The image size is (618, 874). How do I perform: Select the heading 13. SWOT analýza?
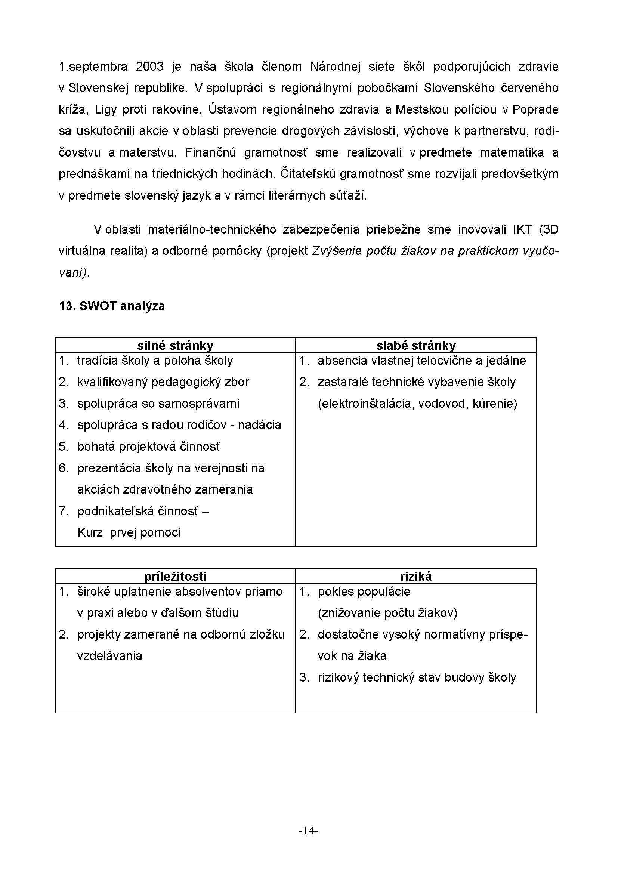112,306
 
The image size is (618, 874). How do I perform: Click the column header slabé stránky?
416,346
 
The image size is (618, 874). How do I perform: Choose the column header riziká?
416,576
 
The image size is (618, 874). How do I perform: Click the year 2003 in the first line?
149,67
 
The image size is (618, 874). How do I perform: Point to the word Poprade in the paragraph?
535,109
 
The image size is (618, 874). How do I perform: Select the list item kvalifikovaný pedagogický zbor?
163,382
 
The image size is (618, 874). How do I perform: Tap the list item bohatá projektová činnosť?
148,447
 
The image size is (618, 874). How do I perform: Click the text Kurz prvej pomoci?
129,532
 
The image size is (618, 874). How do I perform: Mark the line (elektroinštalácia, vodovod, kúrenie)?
417,404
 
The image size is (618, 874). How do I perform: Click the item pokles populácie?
364,592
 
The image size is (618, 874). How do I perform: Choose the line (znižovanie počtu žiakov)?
387,613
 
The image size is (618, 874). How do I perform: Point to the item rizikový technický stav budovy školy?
417,677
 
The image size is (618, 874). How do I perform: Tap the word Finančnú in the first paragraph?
210,153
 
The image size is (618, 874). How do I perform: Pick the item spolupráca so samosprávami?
158,404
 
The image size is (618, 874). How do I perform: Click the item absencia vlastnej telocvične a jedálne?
421,361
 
